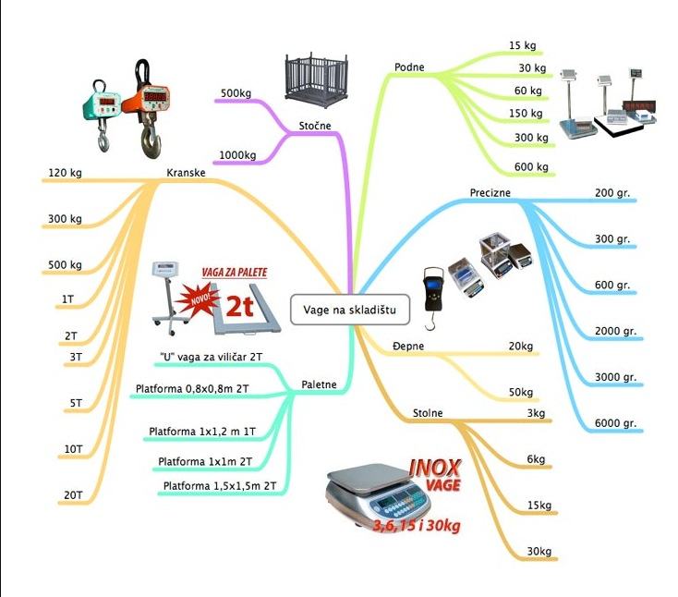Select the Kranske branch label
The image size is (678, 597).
[186, 173]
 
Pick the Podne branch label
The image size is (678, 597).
[409, 67]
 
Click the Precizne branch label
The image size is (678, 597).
[490, 193]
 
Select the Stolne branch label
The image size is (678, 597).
[427, 413]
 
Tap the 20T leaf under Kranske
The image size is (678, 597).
[73, 496]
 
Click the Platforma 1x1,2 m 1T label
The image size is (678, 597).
[202, 432]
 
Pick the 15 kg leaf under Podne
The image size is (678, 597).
[522, 45]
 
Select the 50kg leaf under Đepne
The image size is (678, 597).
[521, 393]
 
